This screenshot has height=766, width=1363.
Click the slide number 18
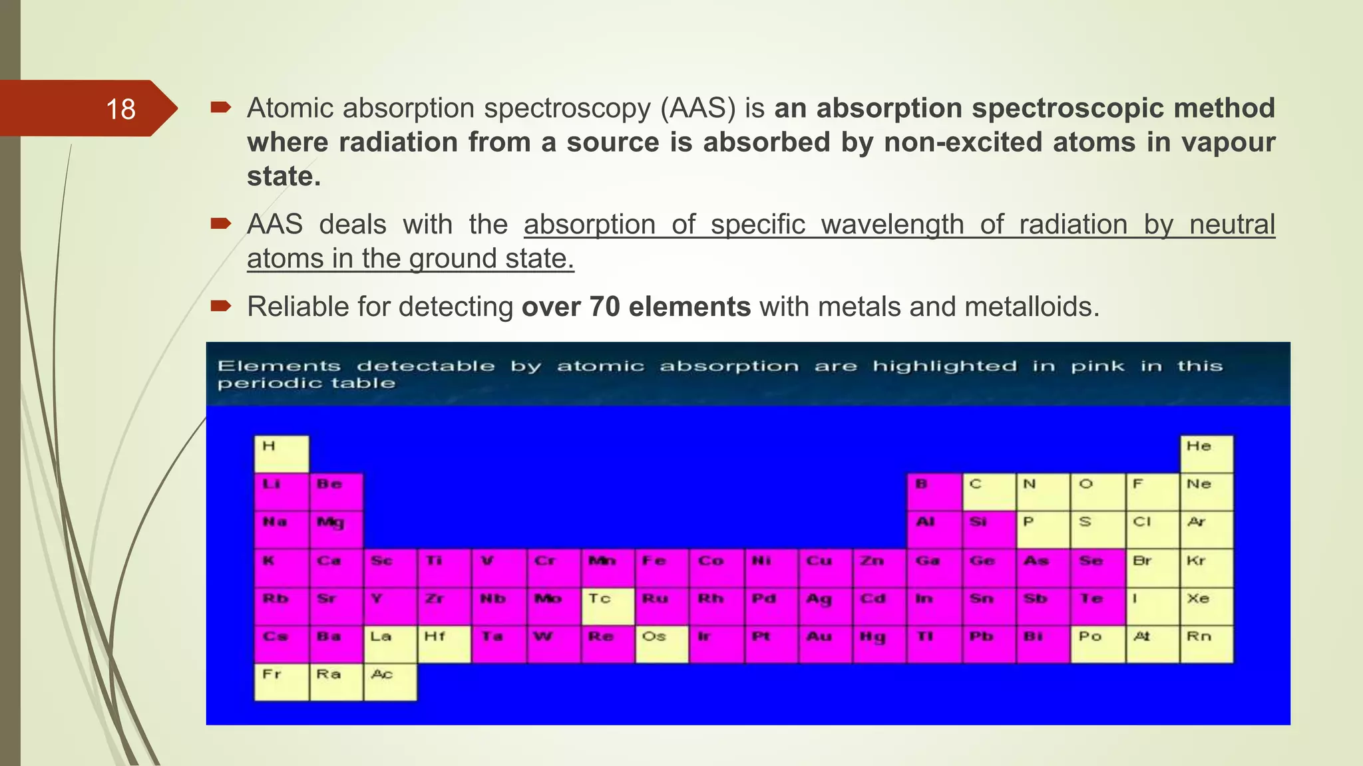[120, 109]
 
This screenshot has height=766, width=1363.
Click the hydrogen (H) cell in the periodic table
[282, 454]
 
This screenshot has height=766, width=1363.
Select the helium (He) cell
[1206, 454]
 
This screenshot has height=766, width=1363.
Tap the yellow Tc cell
[608, 606]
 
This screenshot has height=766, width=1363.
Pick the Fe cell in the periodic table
[662, 568]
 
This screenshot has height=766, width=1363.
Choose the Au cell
[825, 644]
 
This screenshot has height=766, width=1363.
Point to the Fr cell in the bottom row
[282, 682]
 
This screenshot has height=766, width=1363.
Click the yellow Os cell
[662, 644]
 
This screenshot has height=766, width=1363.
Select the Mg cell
[336, 530]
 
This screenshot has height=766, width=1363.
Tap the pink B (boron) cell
[934, 492]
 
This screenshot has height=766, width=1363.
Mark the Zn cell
[879, 568]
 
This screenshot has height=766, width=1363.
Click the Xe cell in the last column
[1206, 606]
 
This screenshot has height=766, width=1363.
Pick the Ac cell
[390, 682]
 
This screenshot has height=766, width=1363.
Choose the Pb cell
[988, 644]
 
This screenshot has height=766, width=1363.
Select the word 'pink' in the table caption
[1097, 366]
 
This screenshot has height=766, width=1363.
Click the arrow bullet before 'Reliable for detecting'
[220, 306]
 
